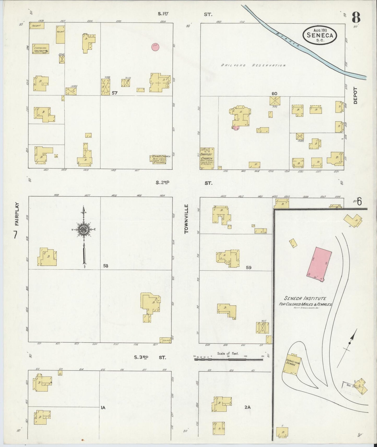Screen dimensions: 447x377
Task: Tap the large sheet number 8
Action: tap(356, 18)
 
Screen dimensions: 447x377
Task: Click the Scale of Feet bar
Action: tap(229, 360)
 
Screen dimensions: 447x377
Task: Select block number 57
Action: tap(115, 93)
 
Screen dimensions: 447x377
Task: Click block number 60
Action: tap(274, 94)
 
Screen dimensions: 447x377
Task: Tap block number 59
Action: tap(248, 267)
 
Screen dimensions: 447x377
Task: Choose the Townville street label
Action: tap(186, 219)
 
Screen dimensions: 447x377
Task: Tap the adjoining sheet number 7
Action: tap(15, 235)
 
